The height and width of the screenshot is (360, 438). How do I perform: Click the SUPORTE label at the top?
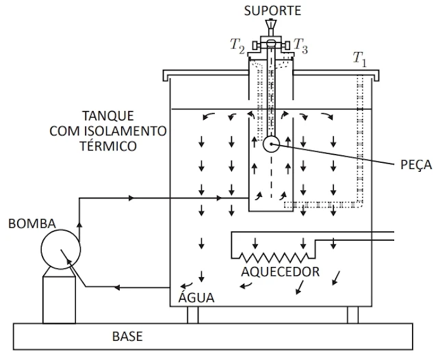(272, 11)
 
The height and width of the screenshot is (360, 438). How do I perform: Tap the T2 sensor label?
(237, 45)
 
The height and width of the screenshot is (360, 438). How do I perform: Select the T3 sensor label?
(300, 46)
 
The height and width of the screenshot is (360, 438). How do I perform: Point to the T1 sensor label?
(359, 60)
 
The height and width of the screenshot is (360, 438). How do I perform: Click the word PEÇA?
(416, 165)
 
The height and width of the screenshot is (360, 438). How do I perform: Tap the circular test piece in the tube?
(271, 144)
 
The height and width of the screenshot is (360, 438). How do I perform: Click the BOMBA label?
(32, 224)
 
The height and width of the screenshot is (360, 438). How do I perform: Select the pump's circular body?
(61, 249)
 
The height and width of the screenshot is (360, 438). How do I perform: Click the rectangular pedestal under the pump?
(59, 300)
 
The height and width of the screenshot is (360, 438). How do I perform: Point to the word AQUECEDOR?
(280, 272)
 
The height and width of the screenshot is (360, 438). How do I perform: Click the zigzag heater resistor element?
(274, 257)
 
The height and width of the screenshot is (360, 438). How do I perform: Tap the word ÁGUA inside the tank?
(196, 297)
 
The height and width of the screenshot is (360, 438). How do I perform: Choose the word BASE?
(127, 337)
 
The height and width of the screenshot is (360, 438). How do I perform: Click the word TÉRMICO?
(108, 145)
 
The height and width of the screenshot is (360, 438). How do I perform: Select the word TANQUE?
(108, 116)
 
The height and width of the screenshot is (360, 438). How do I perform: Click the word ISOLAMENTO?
(126, 131)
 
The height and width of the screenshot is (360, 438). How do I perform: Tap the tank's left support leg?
(193, 315)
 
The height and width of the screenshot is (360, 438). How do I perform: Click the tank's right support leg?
(352, 315)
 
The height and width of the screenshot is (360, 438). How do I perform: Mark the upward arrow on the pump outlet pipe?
(79, 225)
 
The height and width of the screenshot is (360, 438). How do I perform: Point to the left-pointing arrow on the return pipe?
(117, 287)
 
